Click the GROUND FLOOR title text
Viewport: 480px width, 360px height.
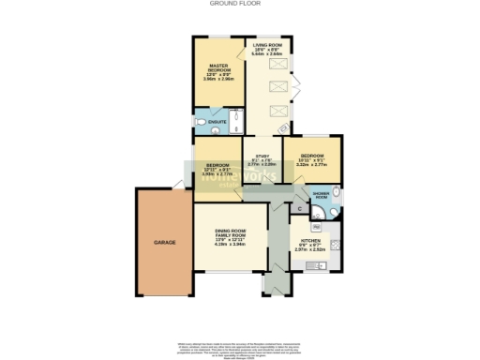(239, 4)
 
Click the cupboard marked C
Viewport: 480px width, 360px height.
(298, 208)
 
